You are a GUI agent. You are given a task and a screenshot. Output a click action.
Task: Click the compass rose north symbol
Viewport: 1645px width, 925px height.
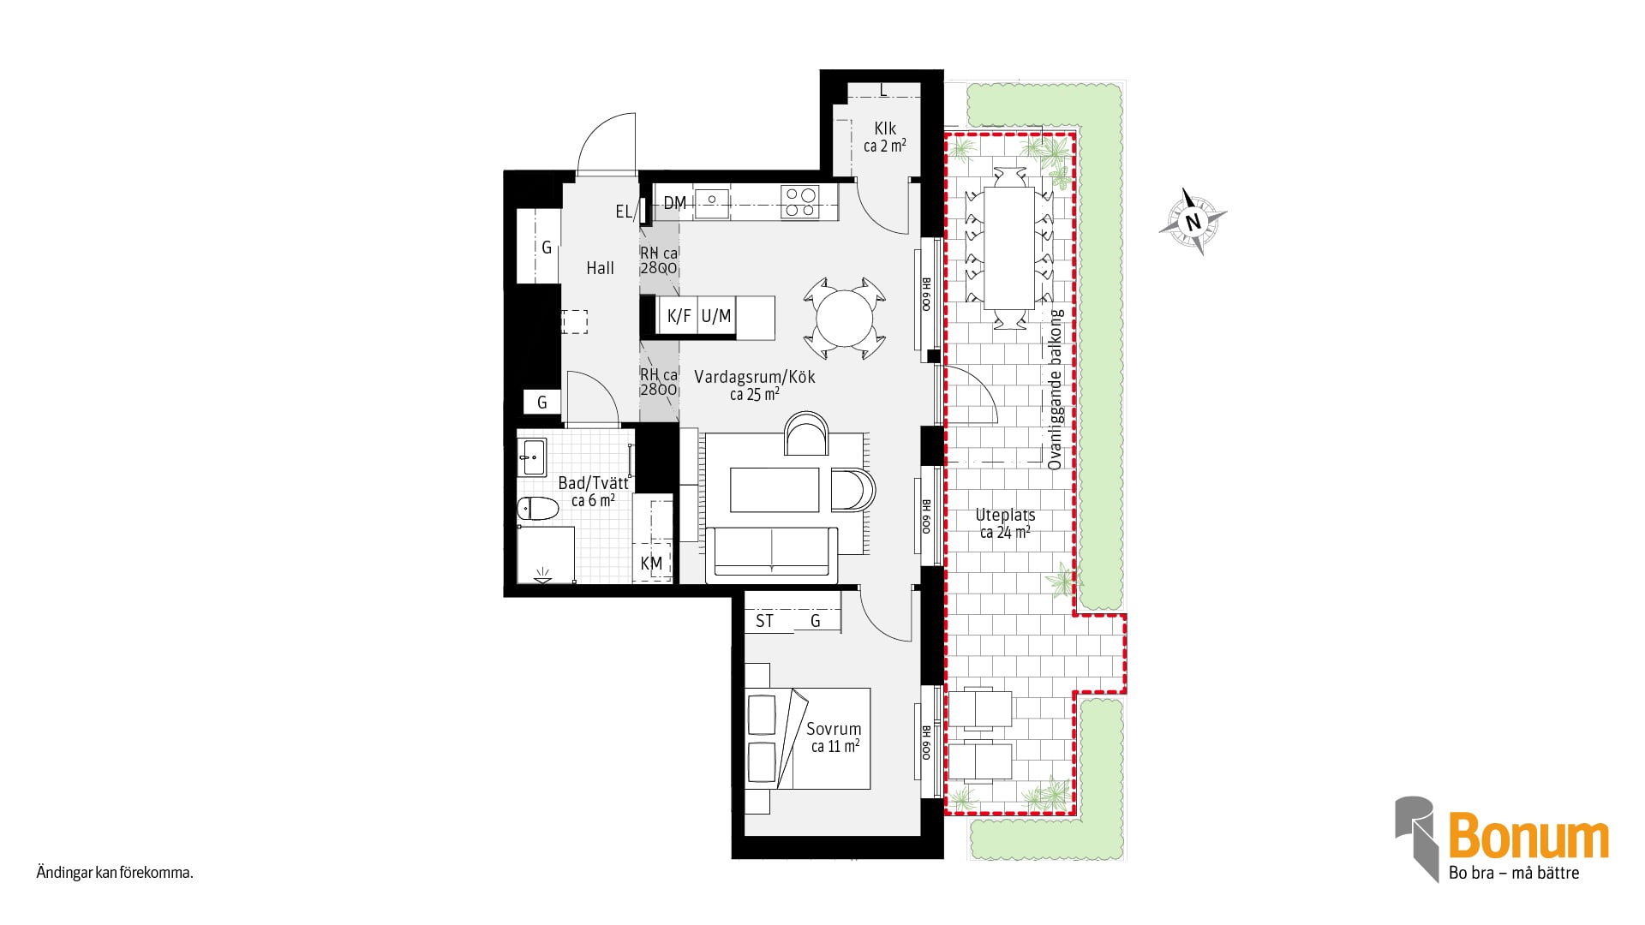pos(1193,222)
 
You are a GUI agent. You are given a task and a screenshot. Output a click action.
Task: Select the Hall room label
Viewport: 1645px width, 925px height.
pos(600,268)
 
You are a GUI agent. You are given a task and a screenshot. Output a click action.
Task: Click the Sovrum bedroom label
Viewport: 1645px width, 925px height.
pos(834,729)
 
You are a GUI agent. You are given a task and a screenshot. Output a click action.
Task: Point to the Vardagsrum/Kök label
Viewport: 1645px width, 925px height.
pos(755,377)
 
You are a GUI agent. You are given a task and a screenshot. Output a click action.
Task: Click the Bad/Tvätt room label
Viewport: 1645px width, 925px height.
pos(593,483)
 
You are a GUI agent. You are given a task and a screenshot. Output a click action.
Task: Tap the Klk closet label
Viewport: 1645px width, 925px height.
pos(885,128)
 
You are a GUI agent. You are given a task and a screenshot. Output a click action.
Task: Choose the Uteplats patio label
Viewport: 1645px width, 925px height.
pos(1005,516)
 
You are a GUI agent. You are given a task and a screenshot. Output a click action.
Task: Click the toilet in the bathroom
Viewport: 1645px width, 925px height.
pos(537,509)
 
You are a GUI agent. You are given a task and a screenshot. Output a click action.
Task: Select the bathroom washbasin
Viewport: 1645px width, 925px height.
pos(532,457)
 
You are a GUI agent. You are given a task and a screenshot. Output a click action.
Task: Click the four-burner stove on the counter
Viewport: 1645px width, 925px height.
pos(799,202)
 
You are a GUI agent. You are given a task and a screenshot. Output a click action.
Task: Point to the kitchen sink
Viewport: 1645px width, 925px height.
pos(711,202)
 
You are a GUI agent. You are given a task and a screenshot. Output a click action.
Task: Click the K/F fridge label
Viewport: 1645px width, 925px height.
pos(679,316)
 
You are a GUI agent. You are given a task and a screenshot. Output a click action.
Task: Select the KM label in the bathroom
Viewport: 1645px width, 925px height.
pos(651,564)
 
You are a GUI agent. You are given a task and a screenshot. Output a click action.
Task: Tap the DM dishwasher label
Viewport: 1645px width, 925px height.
pos(675,203)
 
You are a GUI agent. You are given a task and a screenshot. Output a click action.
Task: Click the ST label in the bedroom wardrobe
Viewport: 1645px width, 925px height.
pos(764,621)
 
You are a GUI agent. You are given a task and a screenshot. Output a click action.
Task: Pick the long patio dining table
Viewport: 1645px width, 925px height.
pos(1009,248)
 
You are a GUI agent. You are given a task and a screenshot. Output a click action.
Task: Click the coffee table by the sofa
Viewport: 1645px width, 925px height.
pos(775,490)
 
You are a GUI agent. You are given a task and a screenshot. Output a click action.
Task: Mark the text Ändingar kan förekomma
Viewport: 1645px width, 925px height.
pos(115,874)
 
